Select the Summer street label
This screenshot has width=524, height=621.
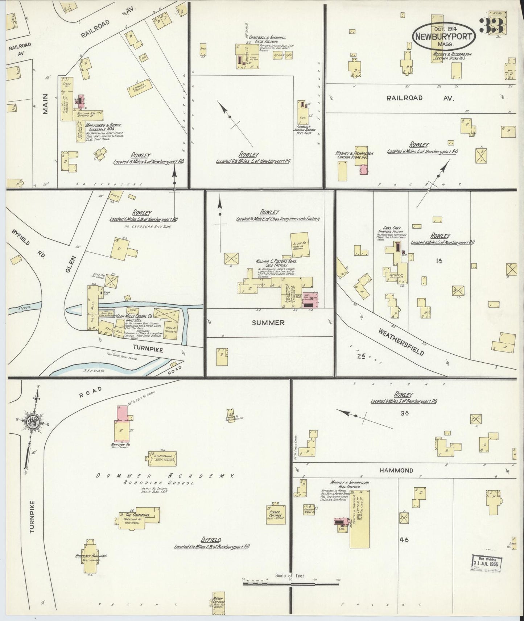268,322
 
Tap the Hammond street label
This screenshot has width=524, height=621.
396,470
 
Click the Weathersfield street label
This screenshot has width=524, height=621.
401,342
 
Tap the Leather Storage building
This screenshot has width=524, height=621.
139,87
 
